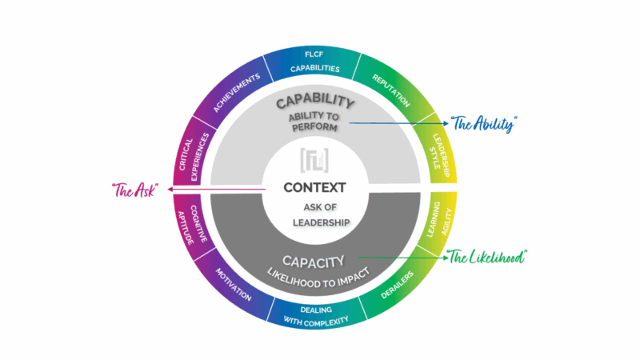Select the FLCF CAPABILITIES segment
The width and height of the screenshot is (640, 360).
tap(314, 63)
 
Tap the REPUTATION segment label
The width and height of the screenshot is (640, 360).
tap(390, 90)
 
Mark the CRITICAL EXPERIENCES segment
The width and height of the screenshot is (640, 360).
tap(189, 150)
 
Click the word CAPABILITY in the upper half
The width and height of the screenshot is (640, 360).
tap(314, 102)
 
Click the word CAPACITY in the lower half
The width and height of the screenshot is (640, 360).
tap(314, 260)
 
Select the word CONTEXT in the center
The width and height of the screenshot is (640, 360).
tap(314, 188)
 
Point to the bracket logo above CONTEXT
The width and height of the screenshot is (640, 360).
tap(314, 160)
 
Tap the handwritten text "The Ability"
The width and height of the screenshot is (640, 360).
tap(484, 124)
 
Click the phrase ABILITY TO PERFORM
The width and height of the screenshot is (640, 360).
tap(314, 124)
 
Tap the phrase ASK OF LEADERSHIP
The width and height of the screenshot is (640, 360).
tap(314, 215)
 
